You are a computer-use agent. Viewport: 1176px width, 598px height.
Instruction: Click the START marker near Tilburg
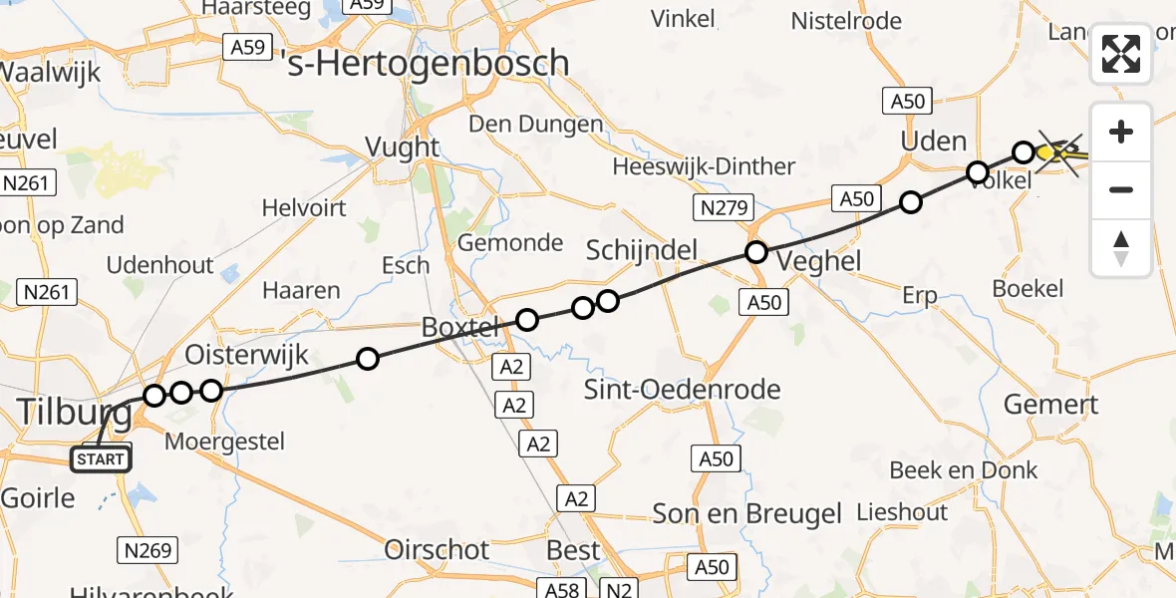[x=101, y=459]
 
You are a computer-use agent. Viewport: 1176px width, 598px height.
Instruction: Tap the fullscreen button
[x=1121, y=54]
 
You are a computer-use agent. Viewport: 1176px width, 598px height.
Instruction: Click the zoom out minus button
[x=1121, y=189]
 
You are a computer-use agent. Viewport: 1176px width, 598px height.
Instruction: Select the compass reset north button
[x=1121, y=248]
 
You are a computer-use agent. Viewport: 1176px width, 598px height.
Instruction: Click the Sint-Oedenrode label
[x=683, y=389]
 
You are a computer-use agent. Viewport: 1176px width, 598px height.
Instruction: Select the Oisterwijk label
[x=247, y=355]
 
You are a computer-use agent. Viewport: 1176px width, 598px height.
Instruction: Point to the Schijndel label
[x=641, y=250]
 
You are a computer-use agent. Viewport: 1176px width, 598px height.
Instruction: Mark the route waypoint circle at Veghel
[x=756, y=252]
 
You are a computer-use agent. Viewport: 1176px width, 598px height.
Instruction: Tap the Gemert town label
[x=1050, y=404]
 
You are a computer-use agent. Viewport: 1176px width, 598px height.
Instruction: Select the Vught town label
[x=403, y=148]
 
